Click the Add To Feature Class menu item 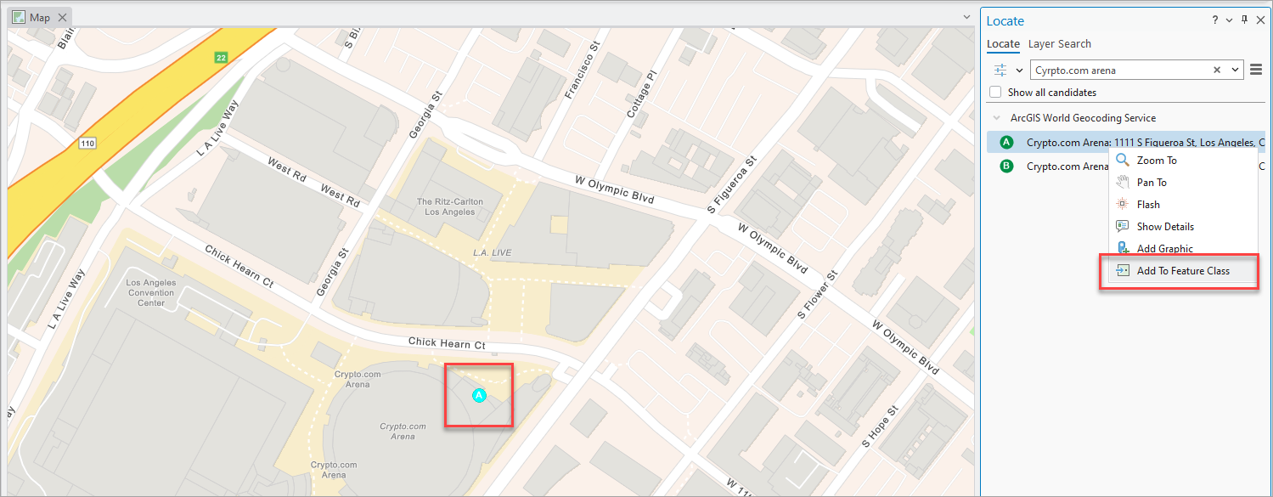point(1182,271)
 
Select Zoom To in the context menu point(1156,161)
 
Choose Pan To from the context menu point(1151,183)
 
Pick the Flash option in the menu point(1147,205)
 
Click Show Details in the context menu point(1164,227)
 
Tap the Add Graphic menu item point(1164,249)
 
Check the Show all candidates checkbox point(996,93)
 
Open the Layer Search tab point(1059,44)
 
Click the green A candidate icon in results point(1007,143)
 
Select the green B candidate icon point(1007,167)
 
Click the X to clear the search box point(1217,71)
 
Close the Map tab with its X point(62,18)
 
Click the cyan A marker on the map point(479,395)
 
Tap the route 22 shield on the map point(221,58)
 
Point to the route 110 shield point(87,144)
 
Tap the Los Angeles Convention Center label point(151,292)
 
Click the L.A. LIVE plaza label point(491,253)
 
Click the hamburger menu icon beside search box point(1256,71)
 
